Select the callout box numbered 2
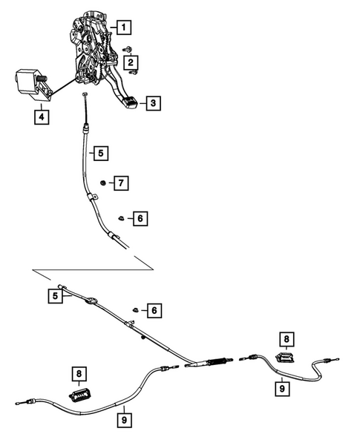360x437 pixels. click(x=131, y=64)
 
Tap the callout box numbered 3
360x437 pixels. click(x=152, y=104)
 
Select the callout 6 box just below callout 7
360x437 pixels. click(x=138, y=218)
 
